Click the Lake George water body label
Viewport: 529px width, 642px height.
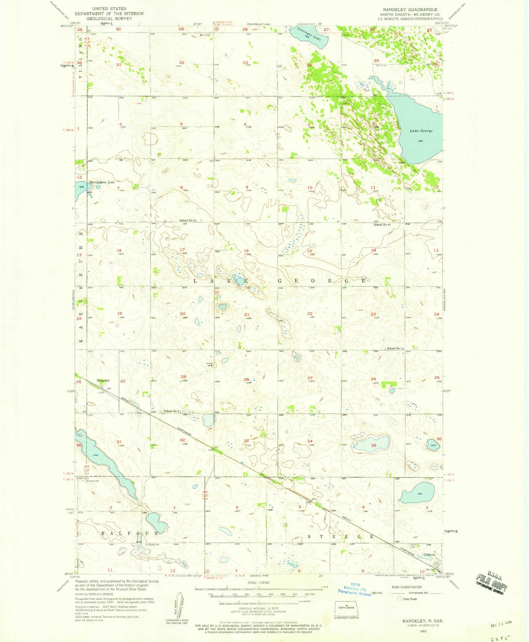421,131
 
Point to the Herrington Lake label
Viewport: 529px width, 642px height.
102,182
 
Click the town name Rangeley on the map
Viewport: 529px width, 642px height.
103,381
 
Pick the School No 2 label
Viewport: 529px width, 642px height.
172,411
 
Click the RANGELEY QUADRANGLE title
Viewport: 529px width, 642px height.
414,10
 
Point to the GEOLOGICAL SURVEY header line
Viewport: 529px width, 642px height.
109,19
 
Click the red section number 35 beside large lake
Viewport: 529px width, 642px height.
373,445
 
